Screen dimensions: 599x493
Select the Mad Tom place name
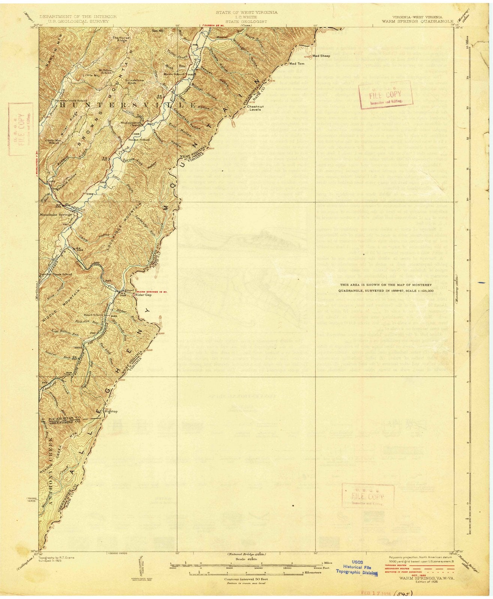click(298, 64)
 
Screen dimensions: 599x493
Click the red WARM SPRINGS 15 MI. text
click(151, 291)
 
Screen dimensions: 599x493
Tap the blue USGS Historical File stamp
click(356, 569)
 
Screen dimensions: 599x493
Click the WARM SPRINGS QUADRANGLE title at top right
click(412, 21)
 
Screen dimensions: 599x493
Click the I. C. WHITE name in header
click(246, 17)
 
